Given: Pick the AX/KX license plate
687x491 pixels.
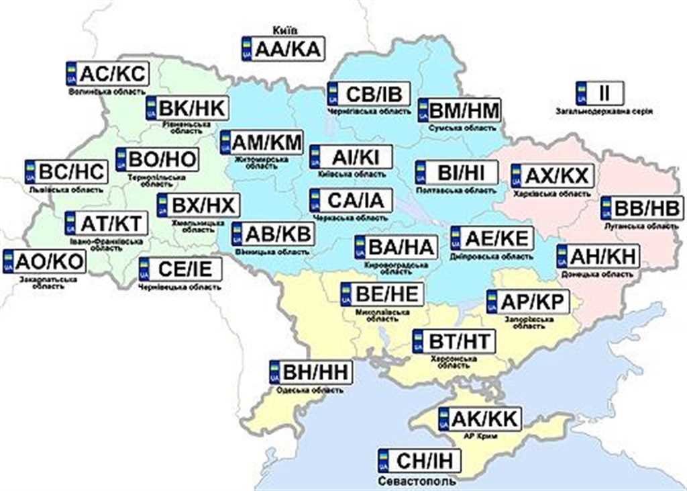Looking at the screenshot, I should click(x=551, y=176).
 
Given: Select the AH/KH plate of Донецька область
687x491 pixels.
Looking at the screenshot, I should click(x=597, y=257).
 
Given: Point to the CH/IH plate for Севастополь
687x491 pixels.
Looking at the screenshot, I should click(x=420, y=461).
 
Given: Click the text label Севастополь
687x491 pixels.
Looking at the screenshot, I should click(x=417, y=481).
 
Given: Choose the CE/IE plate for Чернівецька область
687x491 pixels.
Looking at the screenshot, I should click(x=180, y=270).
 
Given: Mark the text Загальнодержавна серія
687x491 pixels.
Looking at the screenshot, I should click(x=604, y=111).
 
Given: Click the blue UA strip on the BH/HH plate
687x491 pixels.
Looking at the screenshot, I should click(x=274, y=372).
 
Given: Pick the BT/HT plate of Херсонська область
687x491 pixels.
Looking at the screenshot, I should click(x=453, y=341).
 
